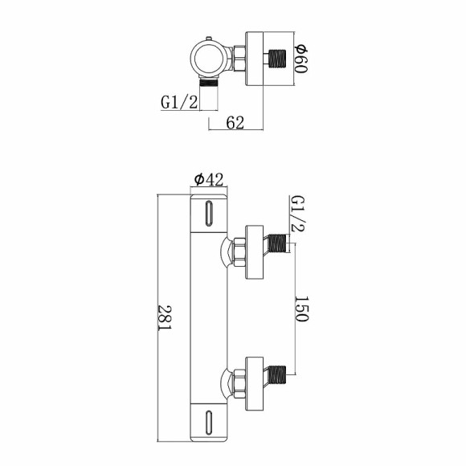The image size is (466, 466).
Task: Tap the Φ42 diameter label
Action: [x=208, y=181]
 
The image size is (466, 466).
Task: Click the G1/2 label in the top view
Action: [x=178, y=103]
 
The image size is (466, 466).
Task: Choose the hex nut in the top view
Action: [x=239, y=58]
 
